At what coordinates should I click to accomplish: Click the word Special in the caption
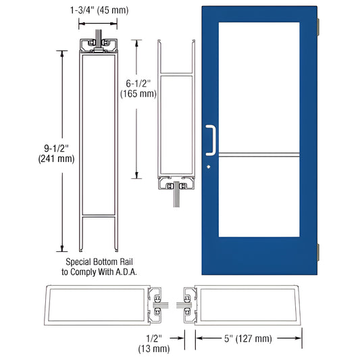[x=80, y=261]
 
